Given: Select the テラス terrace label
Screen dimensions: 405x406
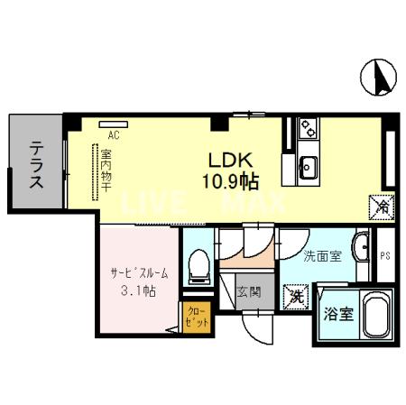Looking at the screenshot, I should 36,164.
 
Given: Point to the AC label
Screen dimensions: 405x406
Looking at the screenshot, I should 114,135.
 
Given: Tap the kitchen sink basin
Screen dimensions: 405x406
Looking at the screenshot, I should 308,166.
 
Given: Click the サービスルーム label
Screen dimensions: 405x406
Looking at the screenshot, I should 134,272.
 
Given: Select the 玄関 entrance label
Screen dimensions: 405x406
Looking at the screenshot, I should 248,291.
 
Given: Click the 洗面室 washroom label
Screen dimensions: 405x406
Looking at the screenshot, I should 322,257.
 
